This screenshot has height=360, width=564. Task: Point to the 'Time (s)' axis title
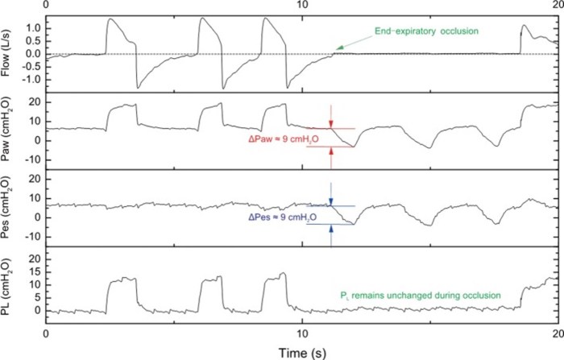302,350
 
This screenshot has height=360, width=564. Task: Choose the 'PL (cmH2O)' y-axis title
8,287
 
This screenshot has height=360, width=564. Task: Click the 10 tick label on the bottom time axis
302,333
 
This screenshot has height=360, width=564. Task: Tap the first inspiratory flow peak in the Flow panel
110,19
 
